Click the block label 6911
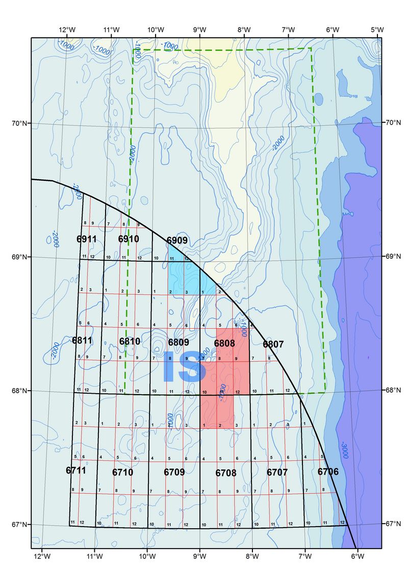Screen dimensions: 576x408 coord(87,239)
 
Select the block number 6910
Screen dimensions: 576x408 coord(129,239)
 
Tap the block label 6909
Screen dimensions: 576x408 coord(177,240)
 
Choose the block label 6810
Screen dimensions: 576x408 coord(130,341)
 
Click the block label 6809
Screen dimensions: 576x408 coord(178,342)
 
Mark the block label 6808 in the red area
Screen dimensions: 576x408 coord(224,343)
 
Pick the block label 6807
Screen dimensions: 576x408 coord(273,345)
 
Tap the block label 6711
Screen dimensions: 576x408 coord(76,470)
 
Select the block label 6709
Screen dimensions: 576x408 coord(174,473)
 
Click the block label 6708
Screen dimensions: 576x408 coord(226,473)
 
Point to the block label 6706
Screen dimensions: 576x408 coord(328,472)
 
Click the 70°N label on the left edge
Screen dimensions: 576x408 coord(21,123)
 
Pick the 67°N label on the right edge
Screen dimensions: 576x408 coord(392,524)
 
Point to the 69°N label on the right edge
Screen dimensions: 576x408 coord(392,258)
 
